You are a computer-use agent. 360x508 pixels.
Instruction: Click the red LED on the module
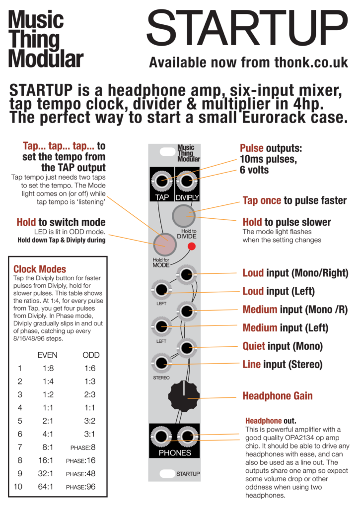point(192,247)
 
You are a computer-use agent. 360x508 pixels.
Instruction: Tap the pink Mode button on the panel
point(165,245)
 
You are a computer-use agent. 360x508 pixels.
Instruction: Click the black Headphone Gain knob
point(184,396)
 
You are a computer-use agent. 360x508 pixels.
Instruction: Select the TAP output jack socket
point(161,181)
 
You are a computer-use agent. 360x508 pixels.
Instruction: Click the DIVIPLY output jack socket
point(187,181)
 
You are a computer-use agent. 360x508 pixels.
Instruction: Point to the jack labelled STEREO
point(161,363)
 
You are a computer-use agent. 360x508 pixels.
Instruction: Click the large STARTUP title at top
point(247,28)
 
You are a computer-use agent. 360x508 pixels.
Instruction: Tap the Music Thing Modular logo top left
point(45,39)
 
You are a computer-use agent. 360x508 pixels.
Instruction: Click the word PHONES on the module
point(175,452)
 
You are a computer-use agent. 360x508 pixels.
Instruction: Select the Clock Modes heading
point(40,269)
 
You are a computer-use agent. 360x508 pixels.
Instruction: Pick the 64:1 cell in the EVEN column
point(46,487)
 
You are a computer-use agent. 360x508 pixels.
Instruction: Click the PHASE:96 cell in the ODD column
point(81,487)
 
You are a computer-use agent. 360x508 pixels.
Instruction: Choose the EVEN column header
point(47,355)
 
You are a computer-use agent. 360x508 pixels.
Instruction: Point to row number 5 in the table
point(20,421)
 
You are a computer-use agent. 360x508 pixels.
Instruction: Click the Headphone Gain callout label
point(278,396)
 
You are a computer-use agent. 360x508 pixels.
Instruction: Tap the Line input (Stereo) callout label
point(283,365)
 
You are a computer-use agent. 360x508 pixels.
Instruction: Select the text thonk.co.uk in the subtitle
point(311,63)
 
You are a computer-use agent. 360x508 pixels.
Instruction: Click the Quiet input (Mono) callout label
point(283,346)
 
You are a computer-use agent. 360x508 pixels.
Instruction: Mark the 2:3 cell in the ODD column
point(90,394)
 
